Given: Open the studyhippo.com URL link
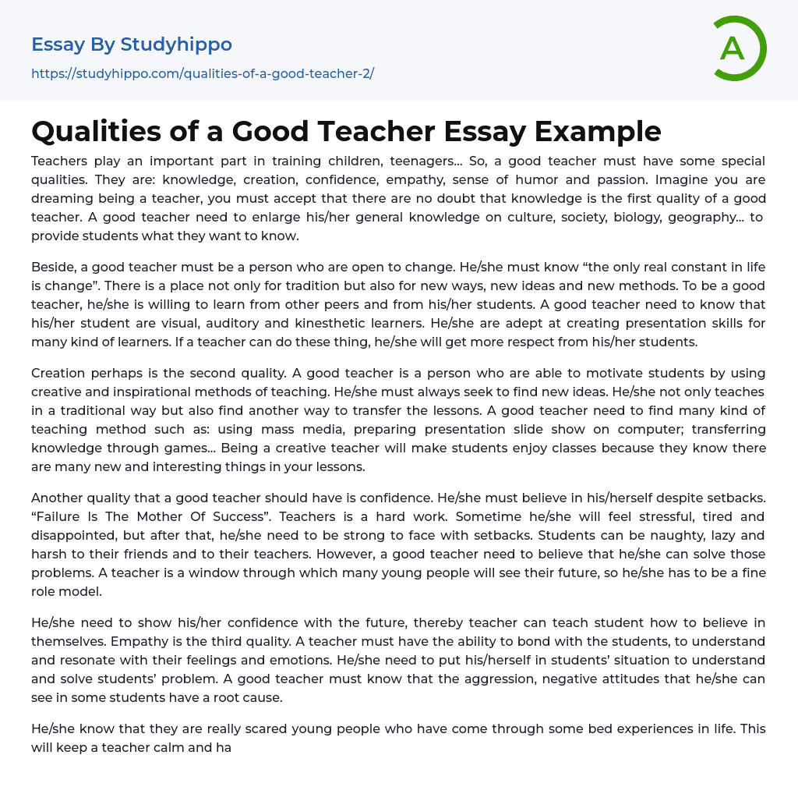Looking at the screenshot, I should click(x=203, y=73).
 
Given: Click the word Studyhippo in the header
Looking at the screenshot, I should click(x=176, y=44).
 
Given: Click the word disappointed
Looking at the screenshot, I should click(x=82, y=535).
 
